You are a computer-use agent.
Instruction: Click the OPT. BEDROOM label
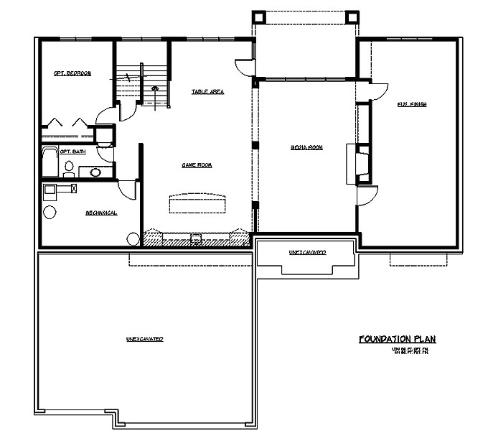pos(72,73)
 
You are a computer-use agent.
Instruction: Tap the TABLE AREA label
pos(208,92)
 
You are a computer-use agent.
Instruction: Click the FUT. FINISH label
pos(412,105)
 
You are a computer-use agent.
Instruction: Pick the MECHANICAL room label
pos(101,213)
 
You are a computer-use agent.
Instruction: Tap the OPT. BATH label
pos(73,152)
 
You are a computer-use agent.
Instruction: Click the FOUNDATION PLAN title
pos(397,339)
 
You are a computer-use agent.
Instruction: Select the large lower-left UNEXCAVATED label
pos(144,338)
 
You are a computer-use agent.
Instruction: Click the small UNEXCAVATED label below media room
pos(307,253)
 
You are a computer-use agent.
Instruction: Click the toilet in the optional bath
pos(69,168)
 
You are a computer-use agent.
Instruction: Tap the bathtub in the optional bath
pos(49,162)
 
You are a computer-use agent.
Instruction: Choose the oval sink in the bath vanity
pos(95,172)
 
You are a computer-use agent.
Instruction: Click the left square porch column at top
pos(259,17)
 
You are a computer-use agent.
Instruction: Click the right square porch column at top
pos(352,17)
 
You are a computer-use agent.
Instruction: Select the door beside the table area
pos(244,67)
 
